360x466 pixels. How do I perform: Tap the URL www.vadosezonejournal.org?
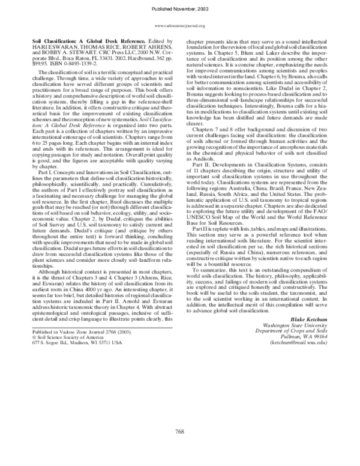(180, 26)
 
